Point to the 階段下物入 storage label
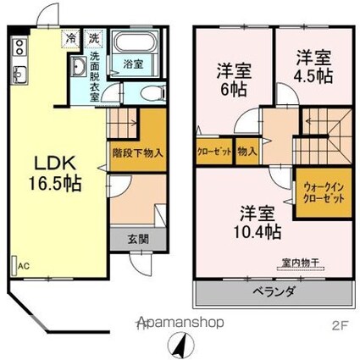coord(138,153)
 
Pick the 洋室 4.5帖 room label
coord(313,66)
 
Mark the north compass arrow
coord(180,345)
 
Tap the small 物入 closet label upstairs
coord(246,153)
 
